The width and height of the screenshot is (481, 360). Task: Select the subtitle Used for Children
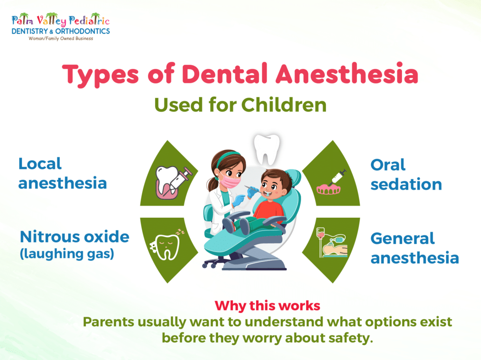240,105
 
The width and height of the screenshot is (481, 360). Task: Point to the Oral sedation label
406,174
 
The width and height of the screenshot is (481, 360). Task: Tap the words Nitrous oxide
74,237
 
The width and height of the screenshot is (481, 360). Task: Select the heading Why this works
267,306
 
